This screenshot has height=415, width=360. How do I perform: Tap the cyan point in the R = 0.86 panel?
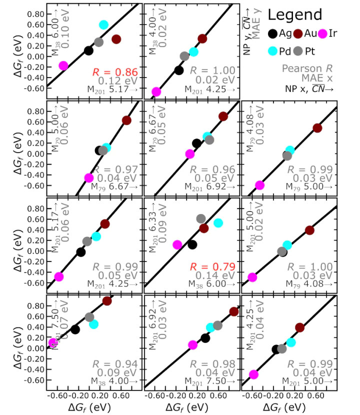(103, 24)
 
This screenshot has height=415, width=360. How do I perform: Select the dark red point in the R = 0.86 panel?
(116, 39)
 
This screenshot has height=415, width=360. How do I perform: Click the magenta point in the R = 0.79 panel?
(177, 244)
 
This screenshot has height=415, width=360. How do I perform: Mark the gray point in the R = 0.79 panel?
(201, 218)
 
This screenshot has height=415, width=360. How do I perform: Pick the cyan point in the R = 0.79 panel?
(218, 223)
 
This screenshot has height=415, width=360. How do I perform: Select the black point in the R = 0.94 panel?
(75, 329)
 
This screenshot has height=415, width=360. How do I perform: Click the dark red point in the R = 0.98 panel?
(233, 311)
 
